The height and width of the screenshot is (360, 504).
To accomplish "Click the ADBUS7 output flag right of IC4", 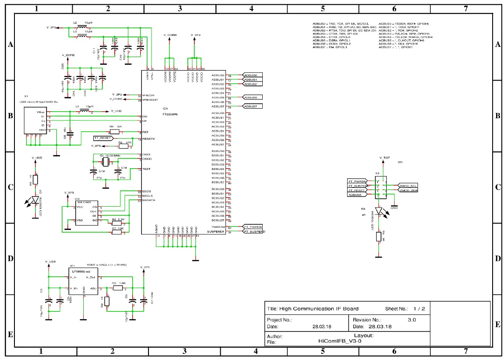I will (x=253, y=106).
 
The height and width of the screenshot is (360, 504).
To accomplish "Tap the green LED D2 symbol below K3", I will (x=379, y=211).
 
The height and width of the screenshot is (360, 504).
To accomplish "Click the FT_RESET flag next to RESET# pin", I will (x=103, y=138).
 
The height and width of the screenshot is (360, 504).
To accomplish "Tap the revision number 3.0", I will (x=412, y=320).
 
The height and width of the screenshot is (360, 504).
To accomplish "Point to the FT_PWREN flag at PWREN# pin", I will (x=253, y=227).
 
